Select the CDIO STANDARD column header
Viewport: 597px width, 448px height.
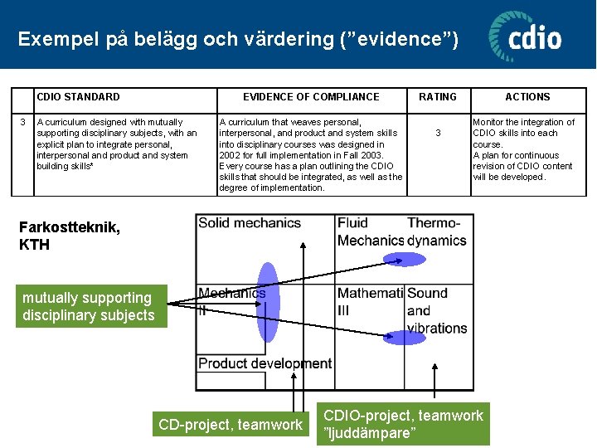click(x=78, y=97)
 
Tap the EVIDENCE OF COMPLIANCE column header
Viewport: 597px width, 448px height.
click(x=311, y=97)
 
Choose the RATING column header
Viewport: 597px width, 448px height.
click(x=438, y=97)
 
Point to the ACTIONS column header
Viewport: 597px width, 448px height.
click(x=527, y=97)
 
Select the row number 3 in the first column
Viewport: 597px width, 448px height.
click(x=22, y=122)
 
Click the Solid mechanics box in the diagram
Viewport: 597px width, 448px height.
click(x=249, y=223)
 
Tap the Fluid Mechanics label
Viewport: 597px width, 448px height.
click(x=369, y=231)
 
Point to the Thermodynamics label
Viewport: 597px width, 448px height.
click(x=436, y=231)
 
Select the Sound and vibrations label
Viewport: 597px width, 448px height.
click(x=436, y=310)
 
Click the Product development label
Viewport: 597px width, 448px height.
click(x=265, y=363)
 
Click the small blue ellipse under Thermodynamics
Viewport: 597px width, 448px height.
click(x=405, y=259)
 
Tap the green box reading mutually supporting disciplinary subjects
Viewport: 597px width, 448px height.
click(x=90, y=306)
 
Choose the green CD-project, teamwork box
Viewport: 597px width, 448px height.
click(x=231, y=425)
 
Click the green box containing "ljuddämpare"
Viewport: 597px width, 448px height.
click(x=403, y=425)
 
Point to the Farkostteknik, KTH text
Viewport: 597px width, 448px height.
click(x=70, y=236)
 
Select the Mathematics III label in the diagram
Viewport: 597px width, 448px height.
click(x=369, y=301)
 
